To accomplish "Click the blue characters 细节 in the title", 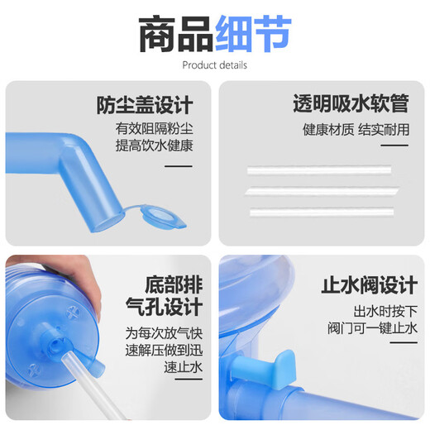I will pyautogui.click(x=252, y=33).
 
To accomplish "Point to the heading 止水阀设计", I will pyautogui.click(x=369, y=286).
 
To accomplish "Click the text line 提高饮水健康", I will pyautogui.click(x=154, y=146).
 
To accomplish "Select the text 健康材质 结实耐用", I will pyautogui.click(x=356, y=129).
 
